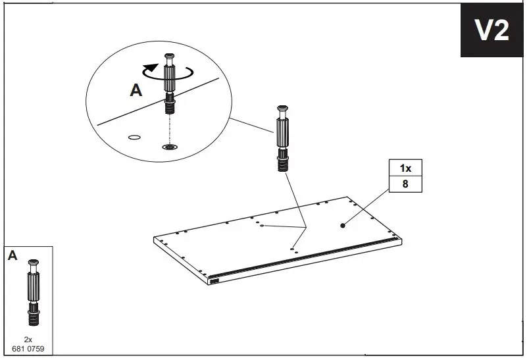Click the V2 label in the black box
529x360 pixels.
tap(492, 31)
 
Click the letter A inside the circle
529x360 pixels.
tap(136, 91)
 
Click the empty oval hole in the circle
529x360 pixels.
tap(134, 138)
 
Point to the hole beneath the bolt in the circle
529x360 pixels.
tap(169, 147)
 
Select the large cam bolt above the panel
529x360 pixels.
tap(283, 139)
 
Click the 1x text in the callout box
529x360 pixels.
tap(405, 167)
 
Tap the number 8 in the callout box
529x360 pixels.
tap(405, 184)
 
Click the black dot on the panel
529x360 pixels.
tap(343, 225)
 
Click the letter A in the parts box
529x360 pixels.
tap(13, 256)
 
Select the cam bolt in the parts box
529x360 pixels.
tap(33, 292)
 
